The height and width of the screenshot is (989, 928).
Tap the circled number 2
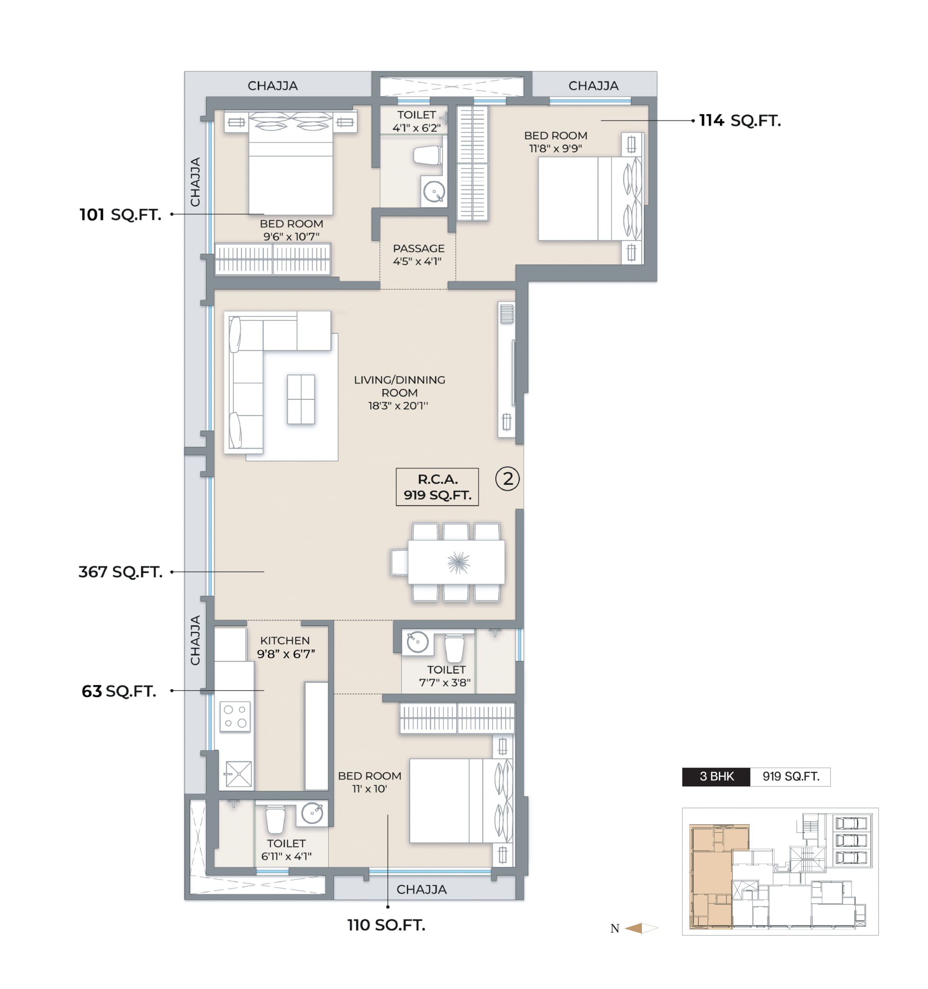tap(507, 479)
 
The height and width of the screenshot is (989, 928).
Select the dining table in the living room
tap(456, 562)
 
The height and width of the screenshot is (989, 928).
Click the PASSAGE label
tap(418, 248)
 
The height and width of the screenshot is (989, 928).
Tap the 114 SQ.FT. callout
tap(740, 121)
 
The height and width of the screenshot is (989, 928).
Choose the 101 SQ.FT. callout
tap(121, 215)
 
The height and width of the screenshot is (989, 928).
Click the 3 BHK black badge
tap(716, 777)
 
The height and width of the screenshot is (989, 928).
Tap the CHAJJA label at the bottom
tap(421, 889)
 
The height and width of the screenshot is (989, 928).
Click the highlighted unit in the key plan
tap(711, 877)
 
